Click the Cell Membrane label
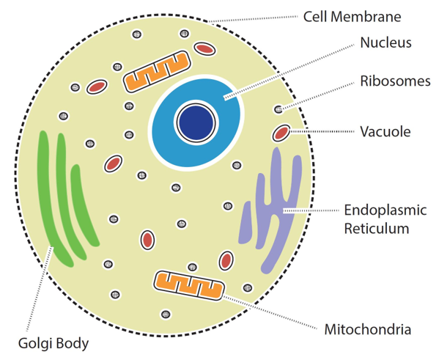click(x=353, y=17)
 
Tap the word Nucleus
click(x=385, y=43)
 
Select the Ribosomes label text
click(x=395, y=81)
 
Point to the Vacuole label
click(x=385, y=131)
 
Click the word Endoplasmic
click(x=385, y=210)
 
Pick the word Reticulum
click(x=377, y=228)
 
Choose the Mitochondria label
click(x=368, y=329)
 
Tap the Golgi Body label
click(x=54, y=343)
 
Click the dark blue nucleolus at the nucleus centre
click(x=196, y=122)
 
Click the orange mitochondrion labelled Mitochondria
click(x=189, y=286)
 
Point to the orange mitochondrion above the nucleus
click(x=157, y=72)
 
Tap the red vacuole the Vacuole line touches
click(x=281, y=133)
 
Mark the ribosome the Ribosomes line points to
click(x=278, y=109)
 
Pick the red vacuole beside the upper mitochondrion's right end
click(x=205, y=48)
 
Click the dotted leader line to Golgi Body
click(x=39, y=289)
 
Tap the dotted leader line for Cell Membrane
click(x=253, y=19)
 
